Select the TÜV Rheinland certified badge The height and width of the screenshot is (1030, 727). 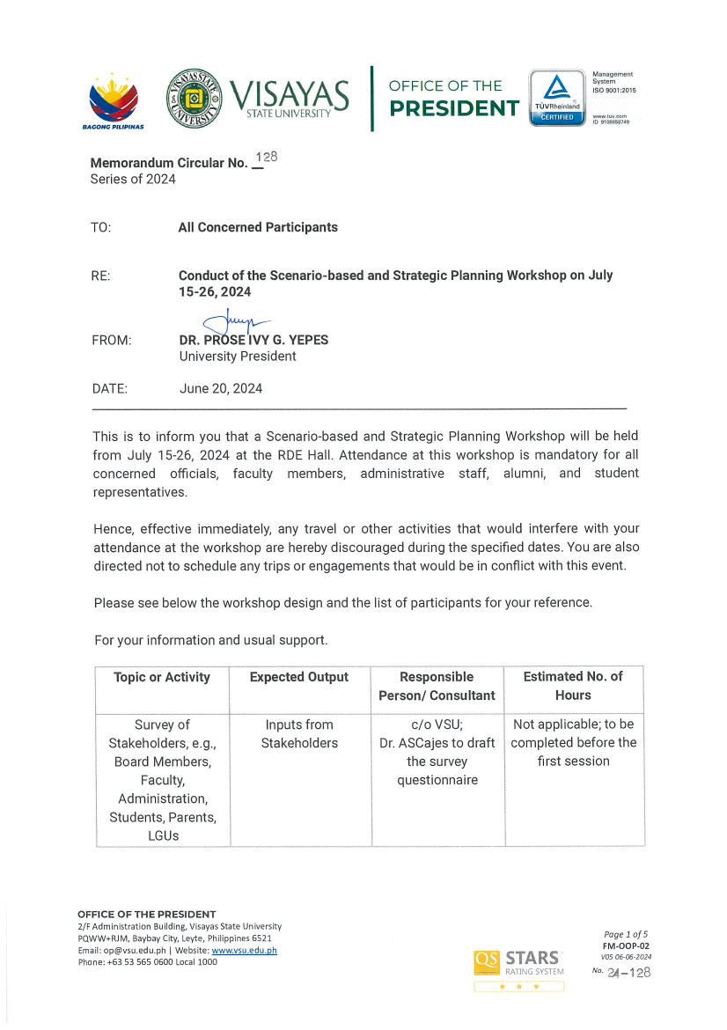[x=556, y=98]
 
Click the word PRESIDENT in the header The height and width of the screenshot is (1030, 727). [x=453, y=108]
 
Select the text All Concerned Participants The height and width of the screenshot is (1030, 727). [x=258, y=227]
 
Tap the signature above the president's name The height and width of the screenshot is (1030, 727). [x=232, y=323]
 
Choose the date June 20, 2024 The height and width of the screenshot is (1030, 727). [x=220, y=388]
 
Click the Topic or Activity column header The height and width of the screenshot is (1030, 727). [x=162, y=677]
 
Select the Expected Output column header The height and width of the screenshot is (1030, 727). [x=299, y=677]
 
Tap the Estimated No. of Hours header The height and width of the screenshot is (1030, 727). [x=573, y=686]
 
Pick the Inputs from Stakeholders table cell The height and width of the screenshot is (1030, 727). [x=299, y=734]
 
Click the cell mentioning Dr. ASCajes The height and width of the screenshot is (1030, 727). [x=437, y=752]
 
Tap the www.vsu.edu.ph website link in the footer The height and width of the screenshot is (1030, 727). [x=244, y=951]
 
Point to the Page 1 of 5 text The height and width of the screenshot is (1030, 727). [x=626, y=934]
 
